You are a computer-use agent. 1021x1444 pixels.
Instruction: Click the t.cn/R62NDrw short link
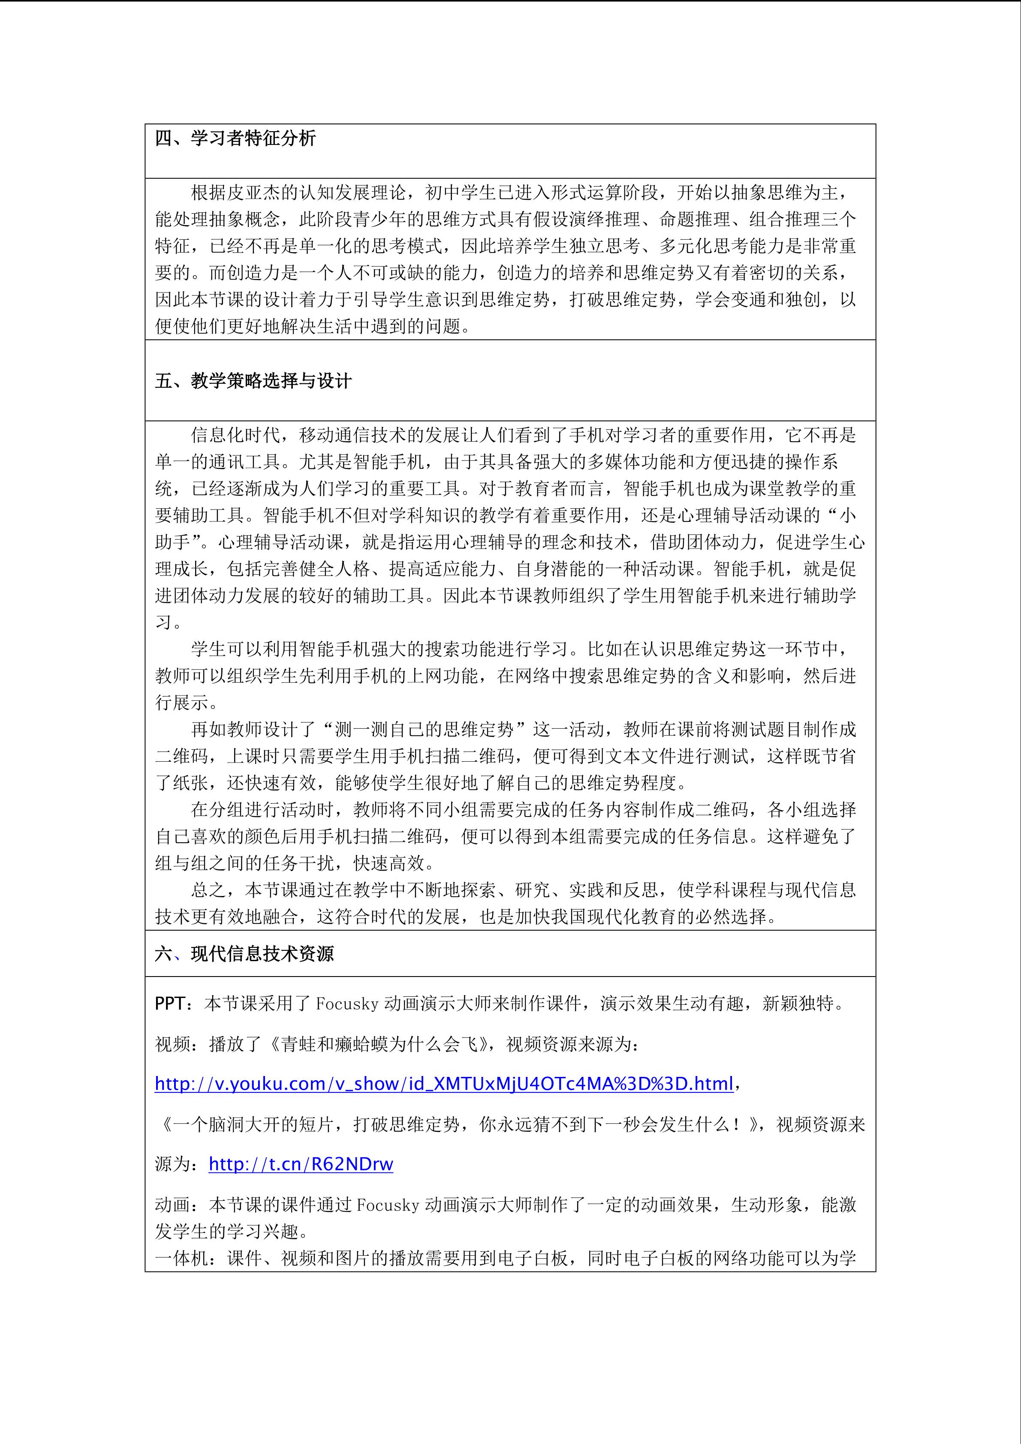(x=301, y=1164)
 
